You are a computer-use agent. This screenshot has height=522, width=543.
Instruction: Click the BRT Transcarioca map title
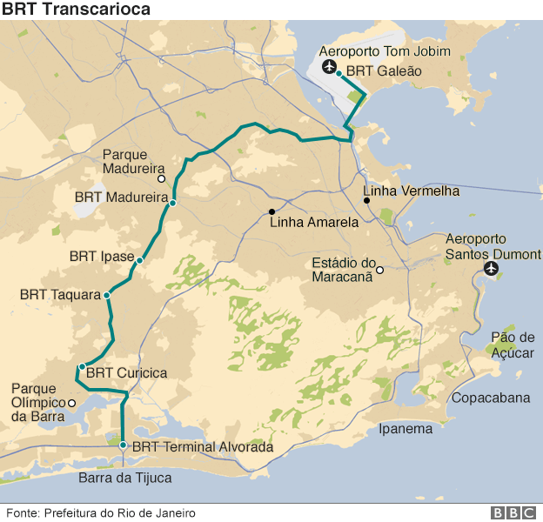[76, 10]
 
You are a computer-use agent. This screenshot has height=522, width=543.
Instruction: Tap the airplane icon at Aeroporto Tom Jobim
[330, 68]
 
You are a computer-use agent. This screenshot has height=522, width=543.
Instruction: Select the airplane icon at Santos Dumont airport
[492, 269]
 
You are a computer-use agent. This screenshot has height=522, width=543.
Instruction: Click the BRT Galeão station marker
[339, 74]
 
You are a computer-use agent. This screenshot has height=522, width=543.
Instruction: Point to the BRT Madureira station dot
[173, 203]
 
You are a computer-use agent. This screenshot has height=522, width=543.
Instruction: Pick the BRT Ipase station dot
[139, 259]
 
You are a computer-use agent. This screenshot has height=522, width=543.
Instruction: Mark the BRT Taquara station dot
[107, 296]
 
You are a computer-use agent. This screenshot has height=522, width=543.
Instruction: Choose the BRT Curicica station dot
[81, 367]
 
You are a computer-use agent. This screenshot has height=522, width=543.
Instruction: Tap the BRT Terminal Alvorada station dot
[124, 445]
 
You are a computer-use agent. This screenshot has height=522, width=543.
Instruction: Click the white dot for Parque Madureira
[162, 178]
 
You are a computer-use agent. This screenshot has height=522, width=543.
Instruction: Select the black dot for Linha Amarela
[271, 211]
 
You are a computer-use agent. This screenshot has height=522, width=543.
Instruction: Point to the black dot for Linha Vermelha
[367, 201]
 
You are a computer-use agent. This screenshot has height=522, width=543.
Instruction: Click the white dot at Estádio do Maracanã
[379, 270]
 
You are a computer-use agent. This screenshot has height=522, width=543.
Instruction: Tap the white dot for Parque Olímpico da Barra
[71, 402]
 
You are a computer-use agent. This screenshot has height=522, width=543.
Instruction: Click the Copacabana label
[491, 398]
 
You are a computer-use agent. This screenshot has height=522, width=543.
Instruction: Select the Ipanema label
[406, 428]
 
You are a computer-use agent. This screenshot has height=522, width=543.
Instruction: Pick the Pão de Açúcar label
[513, 345]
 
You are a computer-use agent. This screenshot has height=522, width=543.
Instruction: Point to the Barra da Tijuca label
[124, 478]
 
